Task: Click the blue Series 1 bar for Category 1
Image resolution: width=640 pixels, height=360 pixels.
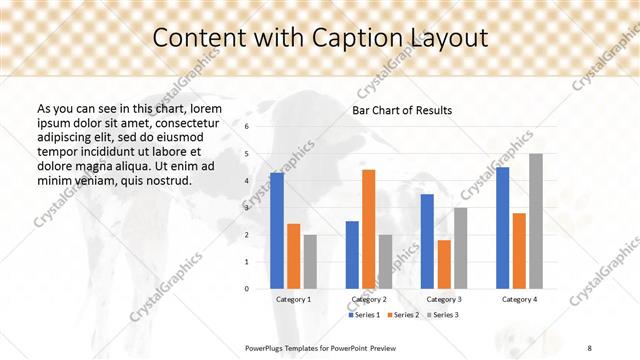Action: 277,231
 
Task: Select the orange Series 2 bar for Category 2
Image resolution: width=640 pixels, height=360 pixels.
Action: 369,229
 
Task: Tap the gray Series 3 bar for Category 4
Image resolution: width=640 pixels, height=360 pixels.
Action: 536,221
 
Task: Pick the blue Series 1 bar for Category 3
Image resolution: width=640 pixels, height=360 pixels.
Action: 427,241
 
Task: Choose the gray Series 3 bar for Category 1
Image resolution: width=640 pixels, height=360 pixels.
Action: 310,261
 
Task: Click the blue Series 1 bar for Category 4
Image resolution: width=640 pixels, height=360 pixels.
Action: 502,228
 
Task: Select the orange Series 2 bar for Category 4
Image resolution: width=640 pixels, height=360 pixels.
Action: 519,250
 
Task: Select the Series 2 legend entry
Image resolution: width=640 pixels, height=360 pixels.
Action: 405,315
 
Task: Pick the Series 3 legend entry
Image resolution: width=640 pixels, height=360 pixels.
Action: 444,315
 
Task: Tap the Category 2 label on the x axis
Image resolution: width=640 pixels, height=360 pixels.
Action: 369,299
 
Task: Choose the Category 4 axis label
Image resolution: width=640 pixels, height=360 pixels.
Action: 519,299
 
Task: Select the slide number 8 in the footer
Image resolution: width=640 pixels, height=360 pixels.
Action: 589,346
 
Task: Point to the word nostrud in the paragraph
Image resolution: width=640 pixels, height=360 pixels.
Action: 166,181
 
